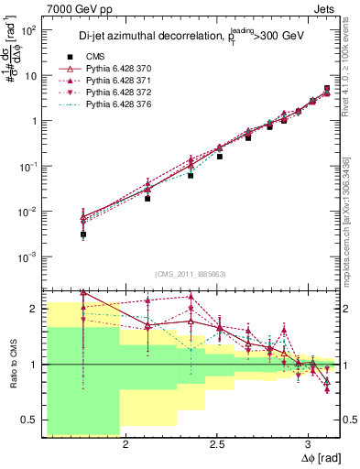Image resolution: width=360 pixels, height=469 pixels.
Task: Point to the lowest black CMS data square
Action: (x=83, y=234)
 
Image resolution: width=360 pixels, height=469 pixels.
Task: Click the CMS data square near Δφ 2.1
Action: (x=147, y=198)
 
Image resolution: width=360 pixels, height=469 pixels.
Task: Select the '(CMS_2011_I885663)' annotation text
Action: (x=191, y=273)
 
